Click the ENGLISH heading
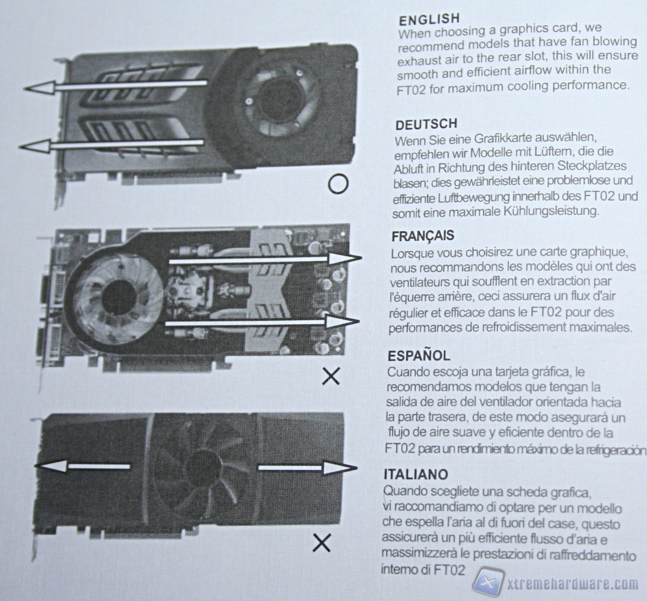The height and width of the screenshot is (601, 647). click(x=429, y=19)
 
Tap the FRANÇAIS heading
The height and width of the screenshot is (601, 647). click(x=423, y=236)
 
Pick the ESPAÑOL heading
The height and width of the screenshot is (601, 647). click(x=419, y=355)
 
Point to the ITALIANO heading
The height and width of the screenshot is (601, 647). click(x=416, y=474)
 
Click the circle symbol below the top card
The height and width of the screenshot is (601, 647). click(x=338, y=184)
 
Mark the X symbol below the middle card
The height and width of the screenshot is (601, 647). click(x=331, y=376)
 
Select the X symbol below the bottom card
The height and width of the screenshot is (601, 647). click(x=322, y=543)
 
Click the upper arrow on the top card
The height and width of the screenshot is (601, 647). click(x=115, y=86)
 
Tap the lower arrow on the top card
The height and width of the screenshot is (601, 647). click(x=113, y=145)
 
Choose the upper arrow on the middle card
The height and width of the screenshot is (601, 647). click(x=265, y=259)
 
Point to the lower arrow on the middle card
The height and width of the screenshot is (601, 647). click(x=263, y=322)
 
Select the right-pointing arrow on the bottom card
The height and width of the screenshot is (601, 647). click(x=308, y=468)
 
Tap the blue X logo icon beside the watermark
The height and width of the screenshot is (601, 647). click(x=489, y=582)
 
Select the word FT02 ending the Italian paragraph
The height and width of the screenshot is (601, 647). click(x=450, y=570)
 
